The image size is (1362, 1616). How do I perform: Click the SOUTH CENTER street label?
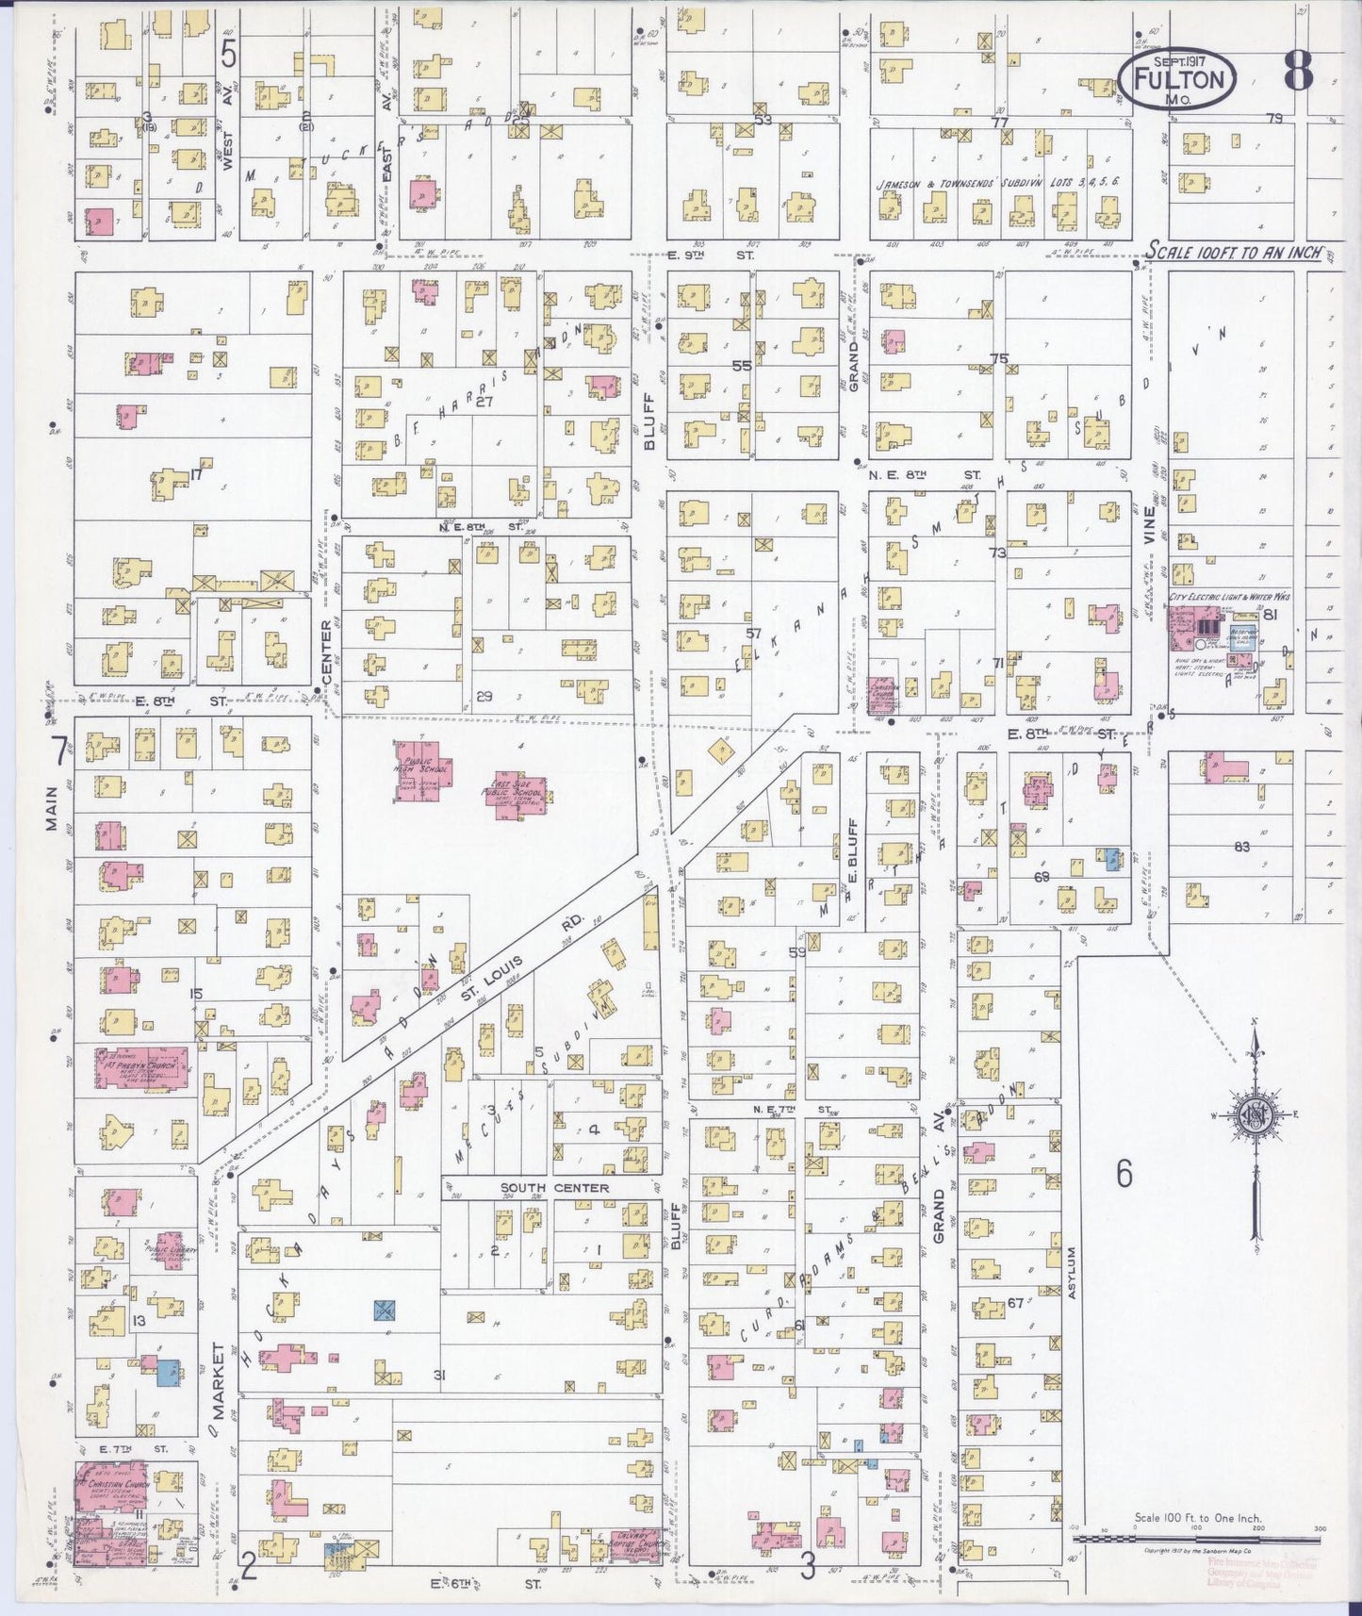pos(554,1187)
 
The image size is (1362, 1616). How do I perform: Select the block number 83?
pos(1240,847)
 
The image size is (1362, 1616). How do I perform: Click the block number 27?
pos(484,401)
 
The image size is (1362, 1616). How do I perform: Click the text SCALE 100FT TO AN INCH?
pos(1234,252)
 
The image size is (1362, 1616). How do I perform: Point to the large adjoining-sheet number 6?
pos(1124,1174)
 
